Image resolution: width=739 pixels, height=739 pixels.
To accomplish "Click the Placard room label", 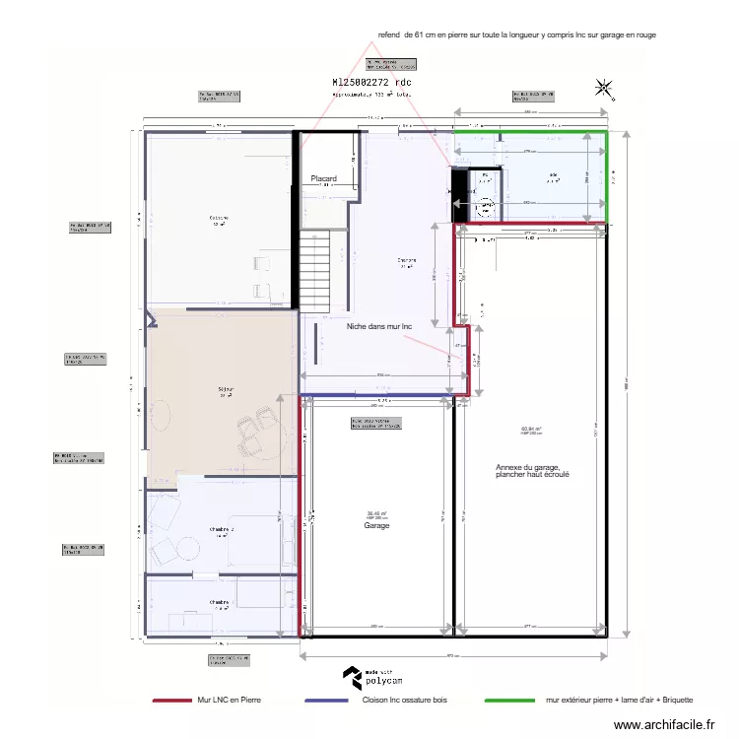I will pyautogui.click(x=323, y=178).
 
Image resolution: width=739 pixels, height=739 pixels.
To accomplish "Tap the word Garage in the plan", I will pyautogui.click(x=377, y=526).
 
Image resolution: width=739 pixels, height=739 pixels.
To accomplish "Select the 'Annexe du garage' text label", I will pyautogui.click(x=533, y=471).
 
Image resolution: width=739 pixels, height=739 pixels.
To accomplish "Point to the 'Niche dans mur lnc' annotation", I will pyautogui.click(x=378, y=326).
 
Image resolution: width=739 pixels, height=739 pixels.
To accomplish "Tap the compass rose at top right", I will pyautogui.click(x=602, y=88).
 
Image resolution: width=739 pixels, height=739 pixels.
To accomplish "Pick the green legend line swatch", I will pyautogui.click(x=509, y=701).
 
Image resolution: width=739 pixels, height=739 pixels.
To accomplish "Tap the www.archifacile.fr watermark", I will pyautogui.click(x=665, y=725).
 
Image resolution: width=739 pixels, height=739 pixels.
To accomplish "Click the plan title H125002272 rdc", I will pyautogui.click(x=371, y=83).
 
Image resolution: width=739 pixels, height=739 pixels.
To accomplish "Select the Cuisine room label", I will pyautogui.click(x=218, y=218).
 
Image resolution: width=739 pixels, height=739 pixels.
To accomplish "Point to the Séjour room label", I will pyautogui.click(x=225, y=390).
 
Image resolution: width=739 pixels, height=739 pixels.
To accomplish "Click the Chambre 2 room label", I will pyautogui.click(x=221, y=530).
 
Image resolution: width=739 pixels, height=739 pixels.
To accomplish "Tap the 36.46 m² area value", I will pyautogui.click(x=376, y=513).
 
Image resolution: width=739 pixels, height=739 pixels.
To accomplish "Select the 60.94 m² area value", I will pyautogui.click(x=532, y=429).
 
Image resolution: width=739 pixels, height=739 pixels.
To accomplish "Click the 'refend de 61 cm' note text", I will pyautogui.click(x=516, y=34).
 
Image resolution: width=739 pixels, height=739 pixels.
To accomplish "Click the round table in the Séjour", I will pyautogui.click(x=160, y=416).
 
